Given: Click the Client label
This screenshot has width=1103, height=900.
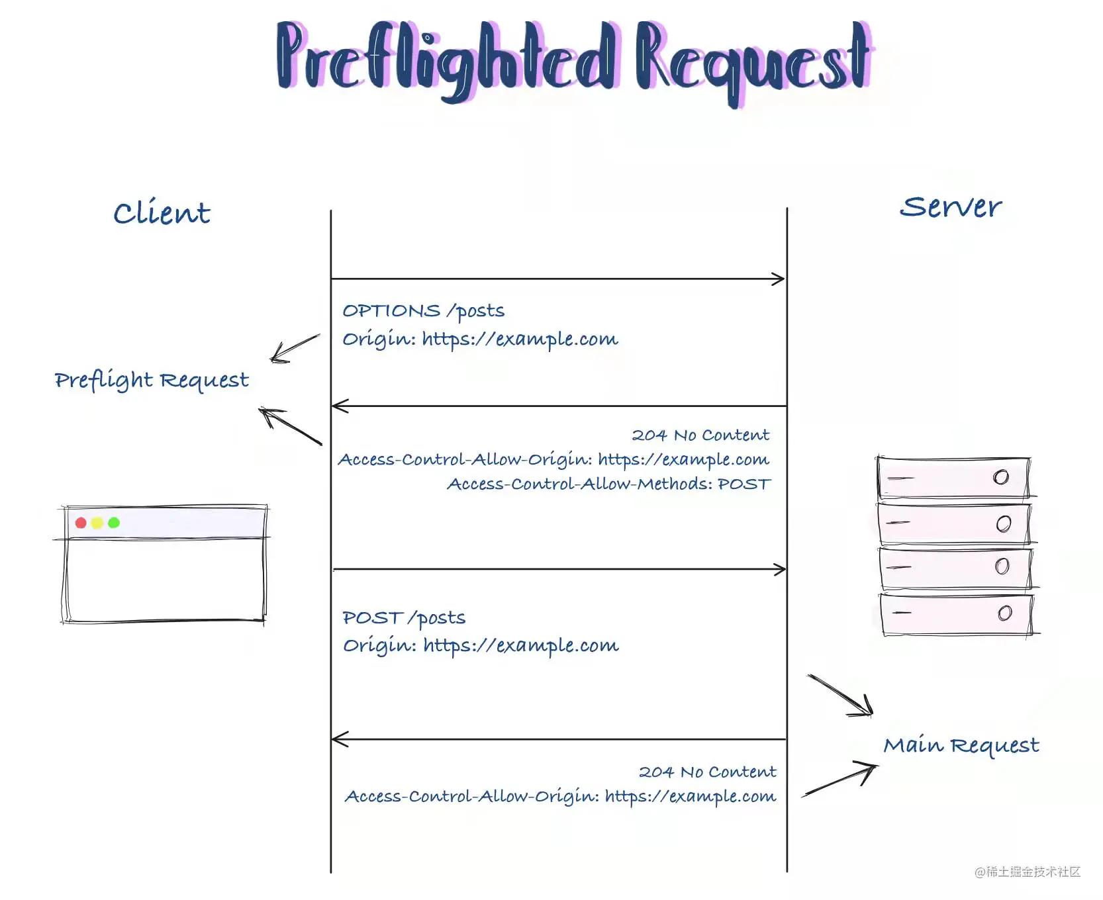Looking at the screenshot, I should (x=162, y=213).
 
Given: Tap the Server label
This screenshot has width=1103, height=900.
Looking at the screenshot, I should (x=950, y=207).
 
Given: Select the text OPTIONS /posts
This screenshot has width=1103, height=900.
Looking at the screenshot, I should (x=423, y=310).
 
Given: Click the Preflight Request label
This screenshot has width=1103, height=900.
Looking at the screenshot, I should (x=152, y=381).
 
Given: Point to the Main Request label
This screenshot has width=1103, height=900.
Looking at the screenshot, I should (x=961, y=746).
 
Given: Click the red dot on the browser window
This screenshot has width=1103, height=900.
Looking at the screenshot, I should (x=81, y=523).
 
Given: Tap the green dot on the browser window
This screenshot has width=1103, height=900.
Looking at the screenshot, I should (x=114, y=523).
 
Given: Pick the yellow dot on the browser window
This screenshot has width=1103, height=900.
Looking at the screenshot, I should (x=97, y=523).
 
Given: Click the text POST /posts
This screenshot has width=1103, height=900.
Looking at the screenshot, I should (x=404, y=618).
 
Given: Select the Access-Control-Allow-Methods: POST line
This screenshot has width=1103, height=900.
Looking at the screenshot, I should (x=608, y=484).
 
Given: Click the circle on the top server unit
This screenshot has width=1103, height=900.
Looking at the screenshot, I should (x=1001, y=477).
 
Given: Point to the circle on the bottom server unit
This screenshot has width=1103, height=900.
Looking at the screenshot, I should (x=1005, y=613).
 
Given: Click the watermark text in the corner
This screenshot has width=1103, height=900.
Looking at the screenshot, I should (x=1027, y=872).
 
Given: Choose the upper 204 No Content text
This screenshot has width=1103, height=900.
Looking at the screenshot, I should (x=700, y=435).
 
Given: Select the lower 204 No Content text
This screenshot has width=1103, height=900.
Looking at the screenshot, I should (x=707, y=772).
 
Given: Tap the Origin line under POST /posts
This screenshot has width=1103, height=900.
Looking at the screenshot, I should (x=481, y=646).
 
